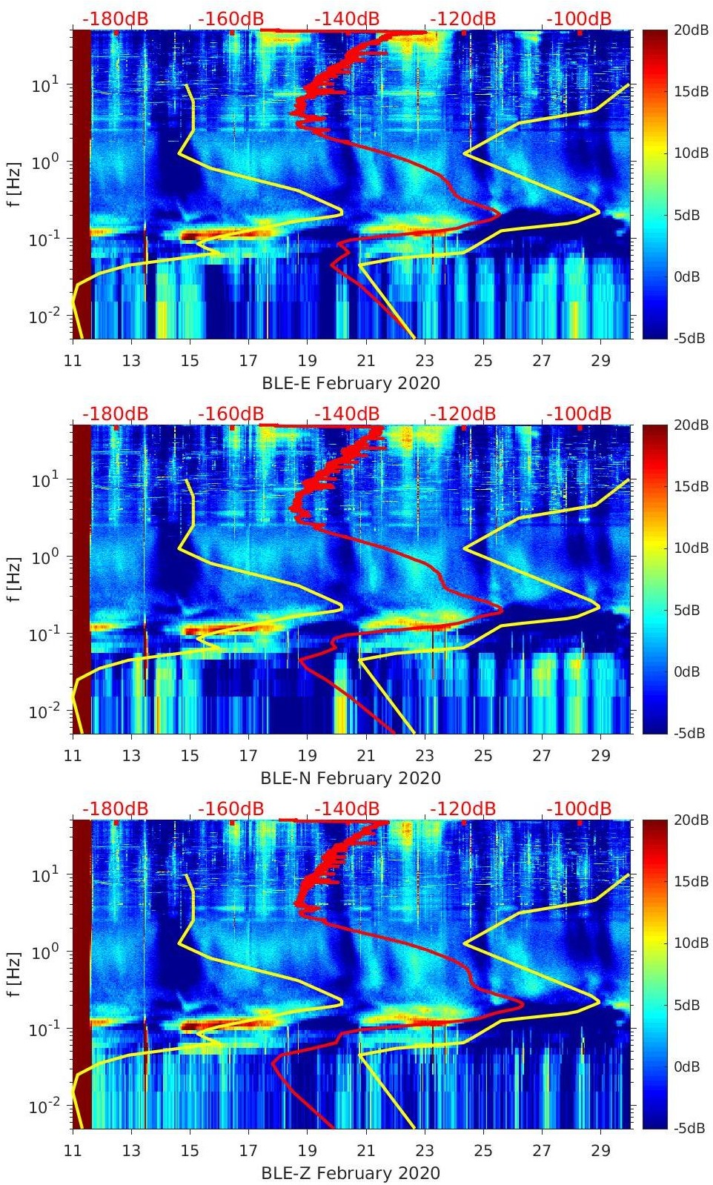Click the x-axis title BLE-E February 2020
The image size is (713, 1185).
351,383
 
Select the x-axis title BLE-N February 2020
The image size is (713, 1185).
351,778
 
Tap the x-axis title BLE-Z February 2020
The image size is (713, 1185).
351,1173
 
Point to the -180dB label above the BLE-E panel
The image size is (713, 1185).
115,19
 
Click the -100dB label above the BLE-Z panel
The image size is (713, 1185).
579,809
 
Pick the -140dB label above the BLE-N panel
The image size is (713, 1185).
347,414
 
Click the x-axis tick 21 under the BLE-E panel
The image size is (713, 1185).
365,361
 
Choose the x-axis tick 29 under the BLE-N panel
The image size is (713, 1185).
600,756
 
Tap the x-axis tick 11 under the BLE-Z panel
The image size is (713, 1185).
73,1151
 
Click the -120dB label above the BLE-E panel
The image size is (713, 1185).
463,19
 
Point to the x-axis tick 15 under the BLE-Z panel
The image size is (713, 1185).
190,1151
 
